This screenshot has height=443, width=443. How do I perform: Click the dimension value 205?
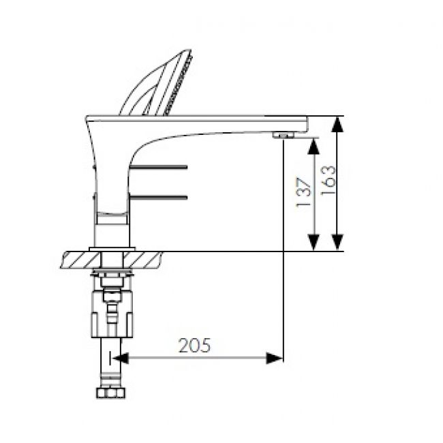(x=195, y=345)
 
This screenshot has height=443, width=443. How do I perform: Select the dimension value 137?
(x=304, y=194)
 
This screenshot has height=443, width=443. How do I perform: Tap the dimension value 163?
(x=328, y=181)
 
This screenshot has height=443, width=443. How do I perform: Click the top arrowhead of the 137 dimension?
(x=314, y=146)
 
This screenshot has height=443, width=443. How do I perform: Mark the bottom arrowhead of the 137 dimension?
(x=314, y=243)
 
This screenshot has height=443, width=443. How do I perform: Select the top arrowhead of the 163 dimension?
(x=337, y=125)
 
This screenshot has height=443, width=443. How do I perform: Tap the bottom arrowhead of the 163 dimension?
(x=337, y=243)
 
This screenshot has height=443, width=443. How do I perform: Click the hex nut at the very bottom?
(x=110, y=394)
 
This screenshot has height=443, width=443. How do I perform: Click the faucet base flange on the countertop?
(x=112, y=248)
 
